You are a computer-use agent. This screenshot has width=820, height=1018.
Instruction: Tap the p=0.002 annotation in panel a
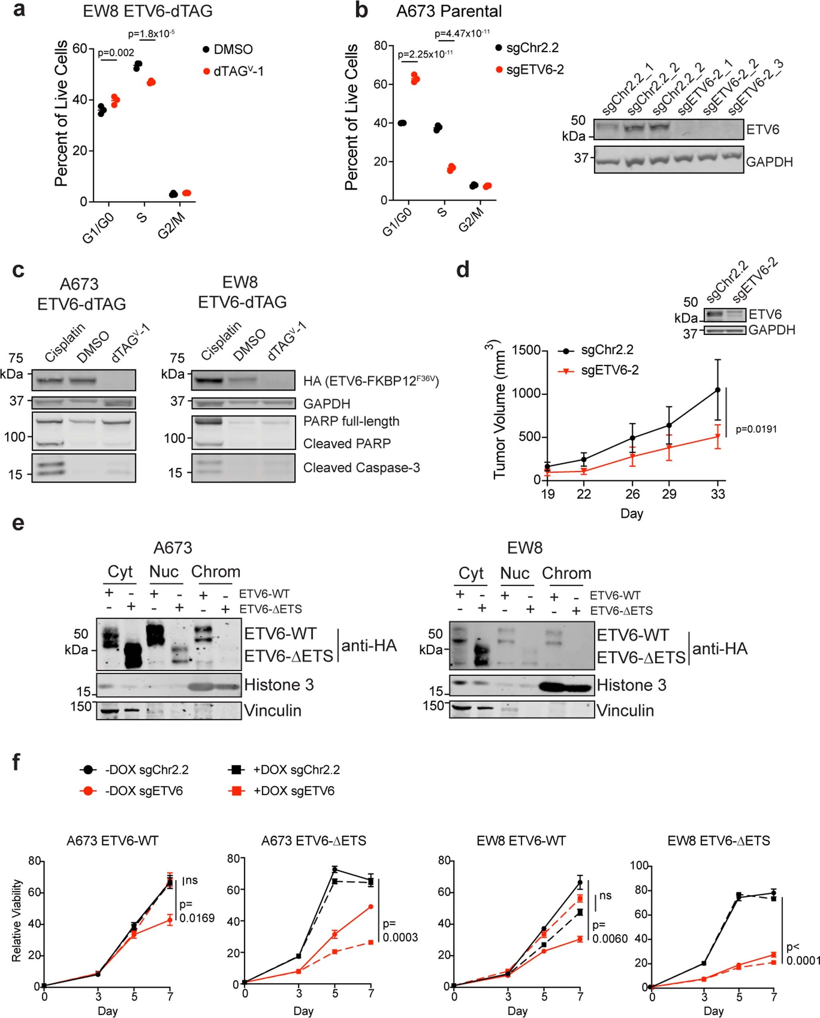[116, 53]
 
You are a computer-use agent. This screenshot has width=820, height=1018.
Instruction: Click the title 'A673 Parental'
[449, 11]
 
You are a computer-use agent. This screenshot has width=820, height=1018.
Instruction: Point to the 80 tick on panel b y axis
[380, 46]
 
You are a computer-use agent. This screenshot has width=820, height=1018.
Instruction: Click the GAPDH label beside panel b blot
[769, 162]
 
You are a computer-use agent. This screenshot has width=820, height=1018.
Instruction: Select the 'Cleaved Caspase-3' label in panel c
[361, 467]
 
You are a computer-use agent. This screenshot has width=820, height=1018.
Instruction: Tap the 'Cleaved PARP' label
[347, 443]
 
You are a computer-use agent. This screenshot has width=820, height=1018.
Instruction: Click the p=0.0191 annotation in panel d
[756, 429]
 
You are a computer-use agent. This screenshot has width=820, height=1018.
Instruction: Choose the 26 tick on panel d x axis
[632, 494]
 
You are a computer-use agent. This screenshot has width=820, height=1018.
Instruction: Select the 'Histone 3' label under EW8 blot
[631, 685]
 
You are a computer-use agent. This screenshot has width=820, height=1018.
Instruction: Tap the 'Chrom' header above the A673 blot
[215, 572]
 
